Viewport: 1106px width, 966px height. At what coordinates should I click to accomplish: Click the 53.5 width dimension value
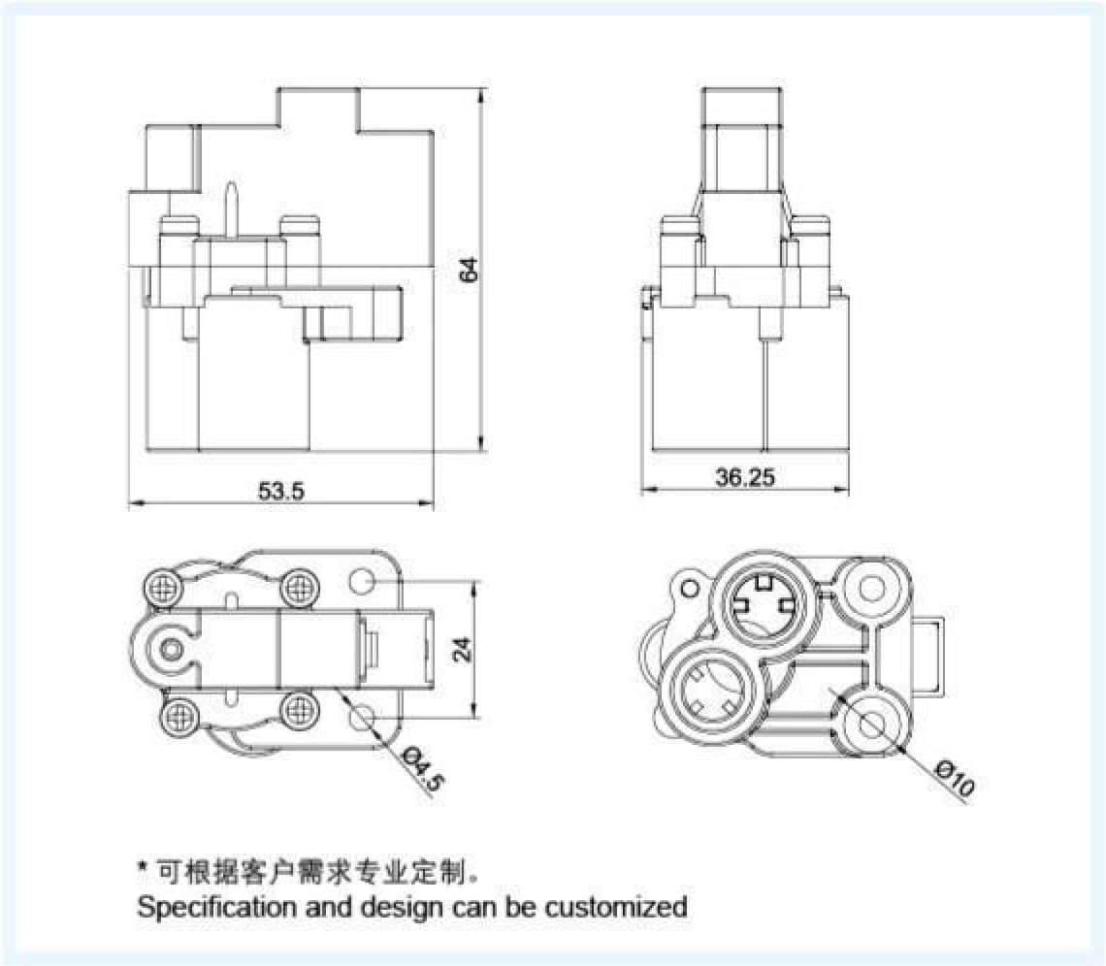(281, 491)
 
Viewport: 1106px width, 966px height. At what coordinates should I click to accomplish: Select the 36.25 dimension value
(744, 477)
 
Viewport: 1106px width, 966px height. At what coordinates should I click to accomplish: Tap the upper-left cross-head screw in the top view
(163, 587)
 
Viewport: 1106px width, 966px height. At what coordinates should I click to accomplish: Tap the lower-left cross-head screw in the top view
(178, 717)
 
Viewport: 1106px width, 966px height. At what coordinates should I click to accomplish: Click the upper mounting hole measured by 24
(362, 582)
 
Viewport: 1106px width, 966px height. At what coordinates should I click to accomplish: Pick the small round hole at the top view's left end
(173, 647)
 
